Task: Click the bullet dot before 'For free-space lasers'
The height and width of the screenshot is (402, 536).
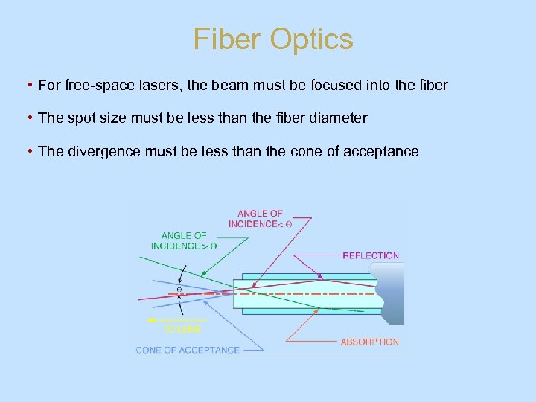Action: (28, 86)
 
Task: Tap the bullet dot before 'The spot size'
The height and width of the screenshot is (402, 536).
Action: (28, 118)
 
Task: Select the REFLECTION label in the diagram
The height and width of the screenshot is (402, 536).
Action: (371, 256)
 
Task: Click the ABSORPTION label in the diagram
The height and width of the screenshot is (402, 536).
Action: (369, 342)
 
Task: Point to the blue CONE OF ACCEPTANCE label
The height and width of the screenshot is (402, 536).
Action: (188, 350)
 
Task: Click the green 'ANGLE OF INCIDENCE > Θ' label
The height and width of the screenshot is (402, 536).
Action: (184, 240)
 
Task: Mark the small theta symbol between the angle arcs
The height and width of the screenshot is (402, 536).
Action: (179, 290)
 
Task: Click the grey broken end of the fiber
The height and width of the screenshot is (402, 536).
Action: (392, 293)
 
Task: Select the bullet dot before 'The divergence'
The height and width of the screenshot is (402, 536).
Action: (28, 152)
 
